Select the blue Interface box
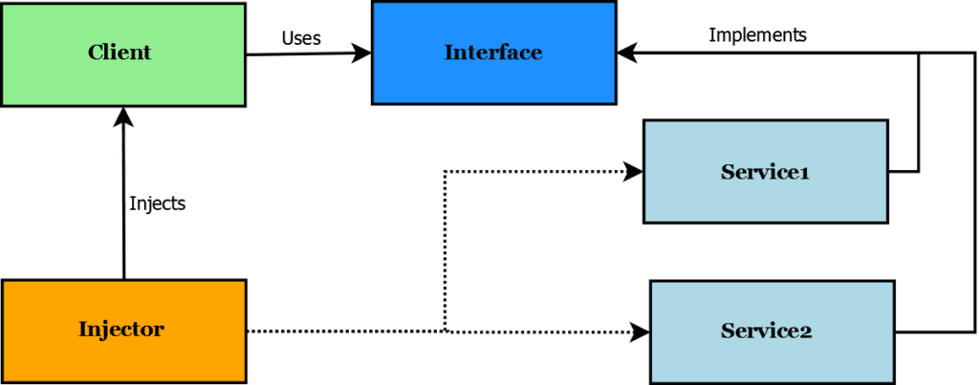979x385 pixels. tap(492, 53)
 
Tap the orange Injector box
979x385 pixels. tap(123, 331)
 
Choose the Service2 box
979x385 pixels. tap(772, 331)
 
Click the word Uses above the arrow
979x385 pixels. tap(301, 38)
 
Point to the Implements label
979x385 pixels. tap(757, 35)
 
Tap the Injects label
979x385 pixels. tap(157, 203)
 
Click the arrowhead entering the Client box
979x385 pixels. tap(123, 116)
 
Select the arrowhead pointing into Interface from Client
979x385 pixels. tap(362, 53)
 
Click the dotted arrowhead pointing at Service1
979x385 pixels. tap(634, 172)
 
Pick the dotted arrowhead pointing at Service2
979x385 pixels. tap(641, 332)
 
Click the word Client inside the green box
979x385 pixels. tap(120, 53)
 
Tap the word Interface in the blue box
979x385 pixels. tap(492, 53)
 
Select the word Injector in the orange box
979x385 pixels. tap(120, 331)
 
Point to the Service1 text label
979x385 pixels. tap(765, 172)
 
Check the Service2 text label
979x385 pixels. tap(766, 332)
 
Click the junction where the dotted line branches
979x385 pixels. tap(446, 332)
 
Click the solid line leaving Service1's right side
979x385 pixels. tap(903, 172)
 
